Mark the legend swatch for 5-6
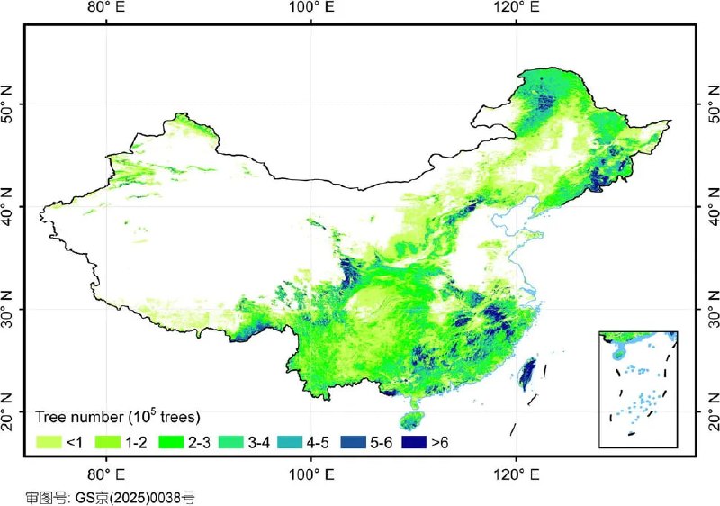pos(354,442)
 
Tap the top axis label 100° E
pos(311,8)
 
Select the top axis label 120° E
pos(516,8)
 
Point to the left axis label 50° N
pos(10,105)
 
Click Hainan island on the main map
pos(410,420)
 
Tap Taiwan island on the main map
pos(528,372)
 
